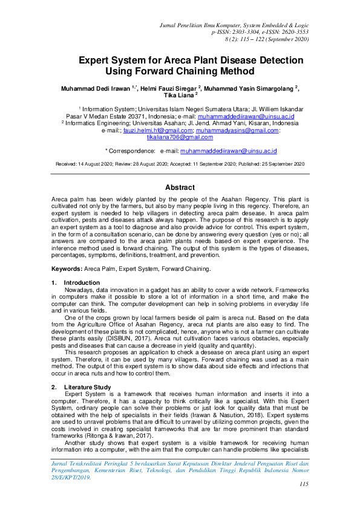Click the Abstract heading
(x=180, y=187)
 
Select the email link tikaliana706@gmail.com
(x=180, y=138)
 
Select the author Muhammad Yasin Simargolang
(x=250, y=88)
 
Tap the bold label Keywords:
(x=67, y=268)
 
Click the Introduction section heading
(x=82, y=283)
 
